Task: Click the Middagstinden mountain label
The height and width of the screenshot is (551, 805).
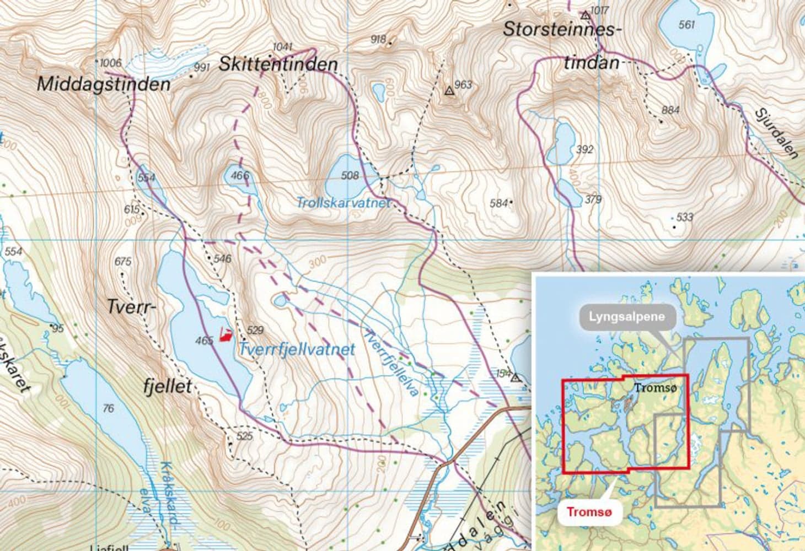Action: [x=103, y=84]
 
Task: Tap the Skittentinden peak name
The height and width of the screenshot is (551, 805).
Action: [x=278, y=64]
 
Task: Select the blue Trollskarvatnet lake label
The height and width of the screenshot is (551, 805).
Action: [x=342, y=203]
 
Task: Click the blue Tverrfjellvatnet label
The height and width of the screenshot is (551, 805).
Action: [x=296, y=349]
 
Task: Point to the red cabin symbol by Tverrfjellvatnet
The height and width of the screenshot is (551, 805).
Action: [x=225, y=334]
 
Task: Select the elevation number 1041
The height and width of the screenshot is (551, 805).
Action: [x=282, y=47]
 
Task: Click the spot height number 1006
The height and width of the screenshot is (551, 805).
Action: [x=110, y=63]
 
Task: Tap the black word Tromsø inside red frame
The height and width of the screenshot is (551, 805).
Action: [x=654, y=387]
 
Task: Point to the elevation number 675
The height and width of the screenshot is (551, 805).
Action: [x=123, y=262]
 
